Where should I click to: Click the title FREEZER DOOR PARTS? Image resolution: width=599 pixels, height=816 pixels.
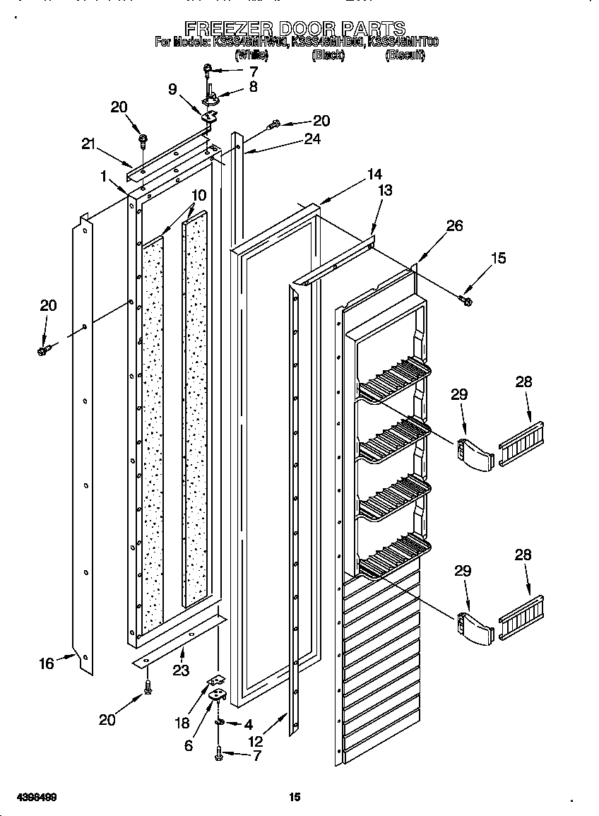[295, 28]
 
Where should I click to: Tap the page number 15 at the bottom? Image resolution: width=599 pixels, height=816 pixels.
[295, 798]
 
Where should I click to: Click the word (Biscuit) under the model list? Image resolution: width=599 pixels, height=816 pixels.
[405, 55]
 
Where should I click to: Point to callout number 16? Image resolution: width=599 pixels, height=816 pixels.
[47, 663]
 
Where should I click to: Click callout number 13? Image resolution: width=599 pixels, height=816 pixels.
[385, 190]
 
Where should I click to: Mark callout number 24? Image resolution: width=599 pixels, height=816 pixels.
[312, 139]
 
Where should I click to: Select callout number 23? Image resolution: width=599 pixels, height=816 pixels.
[181, 670]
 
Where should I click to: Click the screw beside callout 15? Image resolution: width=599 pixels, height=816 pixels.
[466, 302]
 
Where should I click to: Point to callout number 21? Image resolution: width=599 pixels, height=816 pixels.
[88, 143]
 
